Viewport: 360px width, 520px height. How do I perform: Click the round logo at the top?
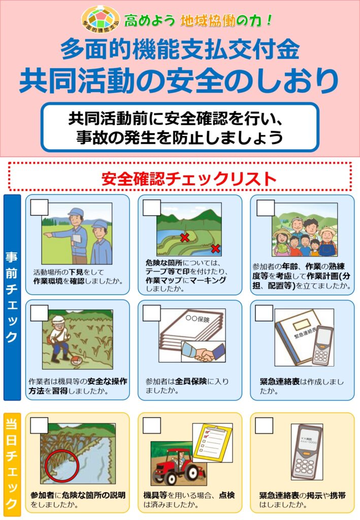101,20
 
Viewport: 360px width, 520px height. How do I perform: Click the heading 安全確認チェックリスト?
189,179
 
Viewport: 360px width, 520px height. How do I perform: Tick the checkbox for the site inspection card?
40,208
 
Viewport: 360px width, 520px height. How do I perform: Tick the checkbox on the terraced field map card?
152,208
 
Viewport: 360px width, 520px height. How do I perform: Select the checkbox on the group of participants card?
266,208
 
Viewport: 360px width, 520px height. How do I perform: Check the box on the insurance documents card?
152,313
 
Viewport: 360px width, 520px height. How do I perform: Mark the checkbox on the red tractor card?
152,426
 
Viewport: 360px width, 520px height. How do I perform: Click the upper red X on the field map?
185,237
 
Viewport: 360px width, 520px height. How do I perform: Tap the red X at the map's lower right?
215,248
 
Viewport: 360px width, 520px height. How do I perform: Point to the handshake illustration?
204,352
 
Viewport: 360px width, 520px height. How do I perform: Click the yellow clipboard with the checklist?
212,442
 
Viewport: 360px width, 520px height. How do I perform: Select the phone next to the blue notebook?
322,345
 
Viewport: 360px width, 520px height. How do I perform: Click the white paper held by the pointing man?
77,240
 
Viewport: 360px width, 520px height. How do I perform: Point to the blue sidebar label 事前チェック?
12,297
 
